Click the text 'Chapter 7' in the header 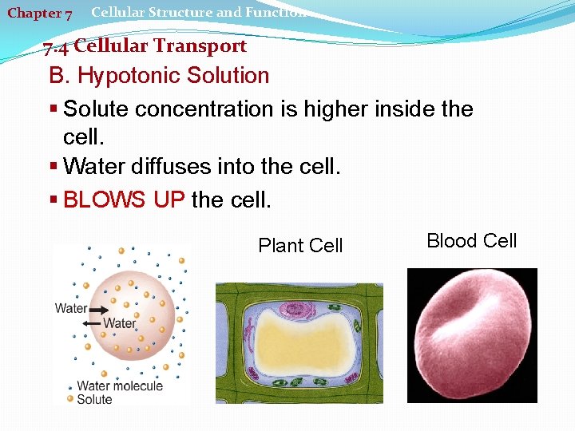39,14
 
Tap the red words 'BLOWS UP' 124,200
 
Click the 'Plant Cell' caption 300,246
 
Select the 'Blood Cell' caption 471,241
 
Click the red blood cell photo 471,335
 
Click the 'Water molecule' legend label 119,386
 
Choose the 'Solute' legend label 94,399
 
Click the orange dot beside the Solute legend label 70,399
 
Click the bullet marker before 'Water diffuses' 54,167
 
